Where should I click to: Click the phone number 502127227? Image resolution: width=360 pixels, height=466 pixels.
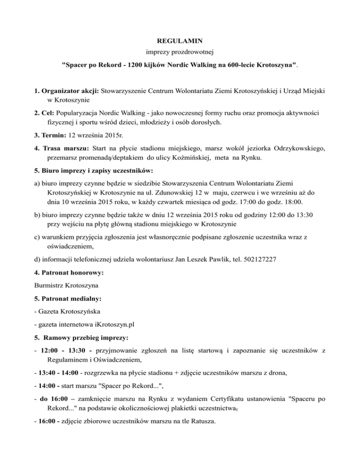pos(257,258)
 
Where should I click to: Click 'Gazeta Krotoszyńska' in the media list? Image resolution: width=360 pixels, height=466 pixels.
pos(69,311)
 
